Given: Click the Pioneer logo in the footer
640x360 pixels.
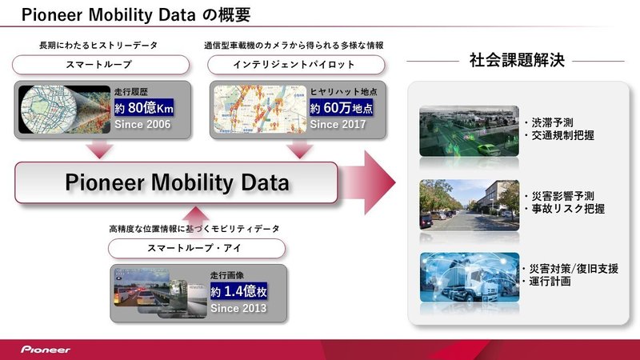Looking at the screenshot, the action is click(46, 350).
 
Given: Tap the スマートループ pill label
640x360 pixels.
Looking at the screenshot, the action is click(101, 65).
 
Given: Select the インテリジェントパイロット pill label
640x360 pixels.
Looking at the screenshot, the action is click(296, 65).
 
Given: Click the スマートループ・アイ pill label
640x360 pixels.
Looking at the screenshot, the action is click(197, 248).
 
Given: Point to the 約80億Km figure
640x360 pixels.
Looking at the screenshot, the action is click(144, 108).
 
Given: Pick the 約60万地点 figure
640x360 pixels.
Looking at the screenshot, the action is click(342, 108).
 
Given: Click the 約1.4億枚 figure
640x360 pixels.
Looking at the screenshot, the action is click(238, 291).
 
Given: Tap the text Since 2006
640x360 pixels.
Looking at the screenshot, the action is click(142, 125).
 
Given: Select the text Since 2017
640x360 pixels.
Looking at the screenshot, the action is click(338, 124).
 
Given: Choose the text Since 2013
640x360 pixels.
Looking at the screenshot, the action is click(238, 308).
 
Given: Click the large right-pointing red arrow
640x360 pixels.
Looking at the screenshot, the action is click(367, 182).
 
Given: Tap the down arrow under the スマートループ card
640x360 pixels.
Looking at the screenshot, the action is click(99, 150).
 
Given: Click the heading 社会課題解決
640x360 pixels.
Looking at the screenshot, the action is click(517, 61).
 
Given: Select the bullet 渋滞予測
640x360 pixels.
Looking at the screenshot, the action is click(549, 122).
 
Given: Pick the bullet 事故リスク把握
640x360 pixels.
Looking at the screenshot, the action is click(566, 209).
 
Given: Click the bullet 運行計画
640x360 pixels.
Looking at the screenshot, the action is click(547, 282).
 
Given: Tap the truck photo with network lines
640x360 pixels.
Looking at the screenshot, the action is click(470, 278).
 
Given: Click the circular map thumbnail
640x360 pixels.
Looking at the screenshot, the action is click(49, 110).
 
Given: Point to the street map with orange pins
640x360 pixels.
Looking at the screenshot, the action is click(260, 109).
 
